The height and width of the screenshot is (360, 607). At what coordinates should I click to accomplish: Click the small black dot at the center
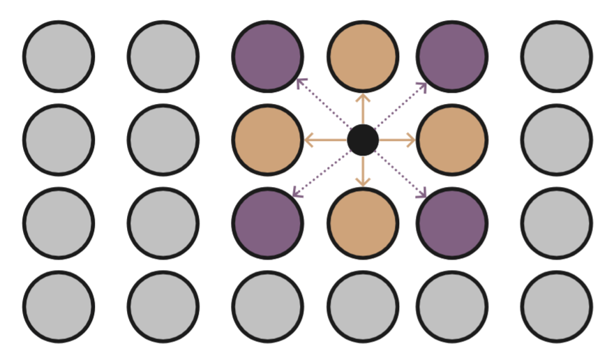pyautogui.click(x=363, y=140)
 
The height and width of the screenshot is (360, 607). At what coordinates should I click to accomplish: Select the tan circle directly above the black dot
pyautogui.click(x=363, y=57)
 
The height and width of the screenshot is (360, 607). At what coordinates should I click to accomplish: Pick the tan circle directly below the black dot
pyautogui.click(x=363, y=223)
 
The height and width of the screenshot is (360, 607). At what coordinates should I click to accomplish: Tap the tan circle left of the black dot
pyautogui.click(x=268, y=140)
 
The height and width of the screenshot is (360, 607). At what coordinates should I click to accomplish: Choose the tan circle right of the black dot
pyautogui.click(x=452, y=140)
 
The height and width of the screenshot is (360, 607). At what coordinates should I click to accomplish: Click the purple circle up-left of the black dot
pyautogui.click(x=268, y=57)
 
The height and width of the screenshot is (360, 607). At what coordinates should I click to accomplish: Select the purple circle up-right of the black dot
pyautogui.click(x=452, y=57)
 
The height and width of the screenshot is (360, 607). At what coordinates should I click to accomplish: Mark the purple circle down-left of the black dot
pyautogui.click(x=268, y=223)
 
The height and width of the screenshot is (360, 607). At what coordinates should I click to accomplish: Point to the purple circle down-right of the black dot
pyautogui.click(x=452, y=223)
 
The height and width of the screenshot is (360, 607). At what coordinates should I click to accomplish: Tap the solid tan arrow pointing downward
pyautogui.click(x=363, y=171)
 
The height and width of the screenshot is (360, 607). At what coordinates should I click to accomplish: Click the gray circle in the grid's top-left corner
pyautogui.click(x=59, y=57)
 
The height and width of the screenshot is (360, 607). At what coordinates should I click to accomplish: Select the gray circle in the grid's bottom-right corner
pyautogui.click(x=556, y=307)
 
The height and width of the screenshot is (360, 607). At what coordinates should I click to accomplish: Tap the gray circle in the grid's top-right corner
pyautogui.click(x=556, y=57)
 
